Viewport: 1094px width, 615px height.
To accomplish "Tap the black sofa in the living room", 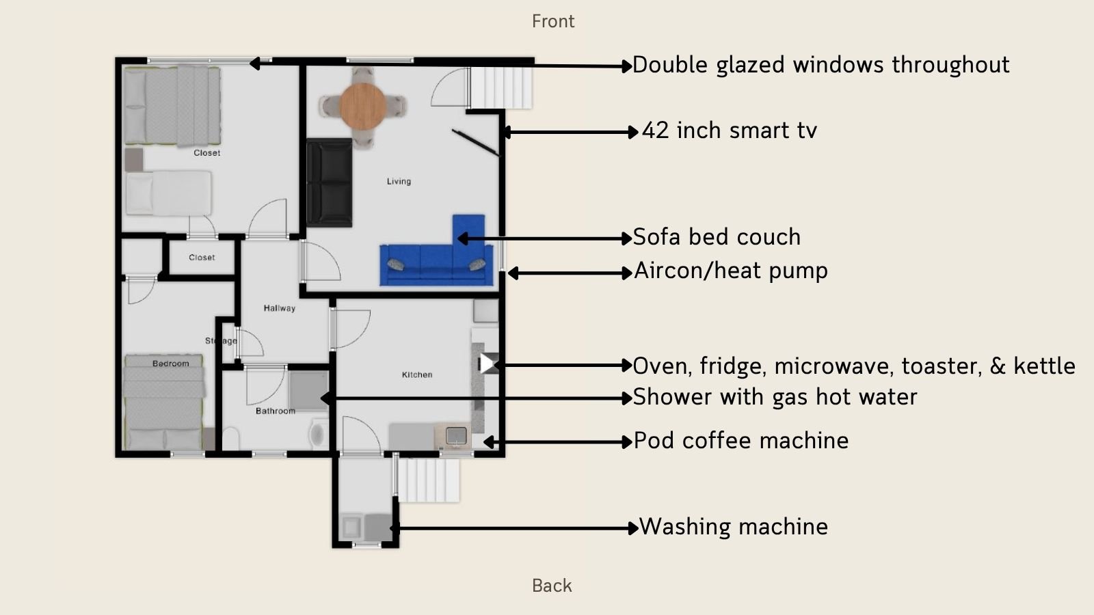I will point(329,182).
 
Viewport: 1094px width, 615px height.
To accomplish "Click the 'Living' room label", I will point(399,181).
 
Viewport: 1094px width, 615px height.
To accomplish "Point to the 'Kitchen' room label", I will point(417,374).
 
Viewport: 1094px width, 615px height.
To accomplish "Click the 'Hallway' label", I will point(280,308).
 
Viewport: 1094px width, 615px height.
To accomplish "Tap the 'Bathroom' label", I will point(276,411).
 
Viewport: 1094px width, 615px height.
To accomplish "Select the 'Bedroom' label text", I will point(171,364).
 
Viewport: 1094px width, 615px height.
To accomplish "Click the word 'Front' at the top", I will point(553,21).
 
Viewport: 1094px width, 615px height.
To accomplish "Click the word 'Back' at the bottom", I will point(552,586).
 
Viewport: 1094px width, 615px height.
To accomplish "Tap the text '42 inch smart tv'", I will point(729,131).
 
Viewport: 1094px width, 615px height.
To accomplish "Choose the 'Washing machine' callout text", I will point(733,527).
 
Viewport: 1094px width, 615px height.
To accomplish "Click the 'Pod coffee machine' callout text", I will point(741,441).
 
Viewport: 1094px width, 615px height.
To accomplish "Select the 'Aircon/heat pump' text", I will point(730,271).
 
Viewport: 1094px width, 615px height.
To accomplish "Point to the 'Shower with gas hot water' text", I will point(774,397).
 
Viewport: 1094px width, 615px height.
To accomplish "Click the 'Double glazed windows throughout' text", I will point(820,65).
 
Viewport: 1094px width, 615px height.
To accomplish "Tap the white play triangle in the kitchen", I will point(486,364).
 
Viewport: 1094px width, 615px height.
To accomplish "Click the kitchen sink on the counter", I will point(456,435).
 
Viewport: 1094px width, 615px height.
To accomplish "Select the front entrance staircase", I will point(501,85).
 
